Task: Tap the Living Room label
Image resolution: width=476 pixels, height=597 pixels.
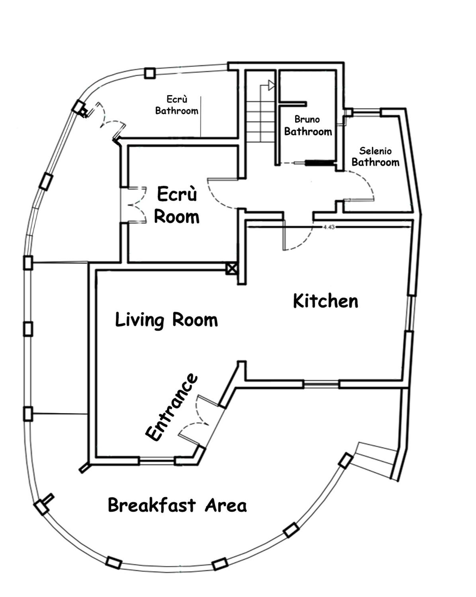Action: click(x=166, y=320)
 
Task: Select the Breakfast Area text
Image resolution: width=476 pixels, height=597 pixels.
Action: click(x=177, y=505)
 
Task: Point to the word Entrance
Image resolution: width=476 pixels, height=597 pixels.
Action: click(x=172, y=407)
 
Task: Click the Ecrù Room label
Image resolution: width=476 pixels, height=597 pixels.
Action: click(x=177, y=205)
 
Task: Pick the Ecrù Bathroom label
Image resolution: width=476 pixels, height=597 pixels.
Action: click(x=177, y=105)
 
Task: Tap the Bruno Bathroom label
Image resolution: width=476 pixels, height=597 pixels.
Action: click(x=308, y=125)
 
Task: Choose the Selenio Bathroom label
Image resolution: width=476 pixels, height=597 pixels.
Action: click(x=375, y=156)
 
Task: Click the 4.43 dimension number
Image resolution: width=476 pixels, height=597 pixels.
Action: click(x=329, y=227)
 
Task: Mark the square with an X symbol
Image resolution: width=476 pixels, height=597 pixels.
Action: click(x=232, y=269)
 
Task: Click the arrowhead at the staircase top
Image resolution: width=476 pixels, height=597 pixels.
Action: click(x=271, y=85)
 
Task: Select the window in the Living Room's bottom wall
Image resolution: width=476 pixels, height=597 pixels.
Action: click(x=157, y=461)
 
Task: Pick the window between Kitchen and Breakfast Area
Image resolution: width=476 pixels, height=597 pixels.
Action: click(x=321, y=385)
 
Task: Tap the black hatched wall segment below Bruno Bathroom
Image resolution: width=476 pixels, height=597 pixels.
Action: click(x=320, y=163)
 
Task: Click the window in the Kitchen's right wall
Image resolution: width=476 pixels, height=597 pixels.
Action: click(x=410, y=313)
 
